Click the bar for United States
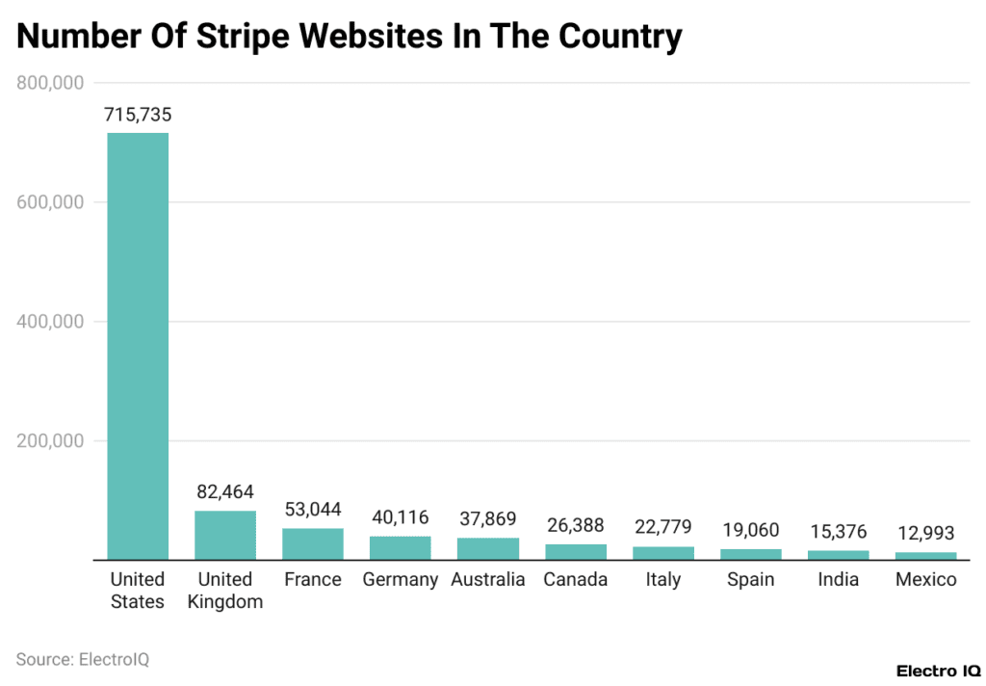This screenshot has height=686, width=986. point(138,346)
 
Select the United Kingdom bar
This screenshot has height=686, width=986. point(225,535)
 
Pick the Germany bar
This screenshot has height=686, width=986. point(401,547)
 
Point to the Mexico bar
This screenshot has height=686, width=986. point(925,556)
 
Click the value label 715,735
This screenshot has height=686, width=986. point(138,115)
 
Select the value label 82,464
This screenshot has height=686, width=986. point(225,491)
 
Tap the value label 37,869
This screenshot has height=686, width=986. point(488,518)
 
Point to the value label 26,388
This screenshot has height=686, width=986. point(576,525)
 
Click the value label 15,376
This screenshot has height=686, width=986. point(838,532)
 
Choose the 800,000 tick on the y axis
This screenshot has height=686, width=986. point(51,83)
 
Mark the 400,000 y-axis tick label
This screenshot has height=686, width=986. point(51,322)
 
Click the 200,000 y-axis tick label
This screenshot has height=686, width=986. point(51,441)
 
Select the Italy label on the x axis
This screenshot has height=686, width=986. point(663,580)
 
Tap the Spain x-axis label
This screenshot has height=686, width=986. point(751,580)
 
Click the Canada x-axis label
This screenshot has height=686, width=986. point(576,580)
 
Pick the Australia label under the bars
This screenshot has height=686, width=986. point(488,580)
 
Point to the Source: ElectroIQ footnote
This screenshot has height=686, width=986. point(83,660)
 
